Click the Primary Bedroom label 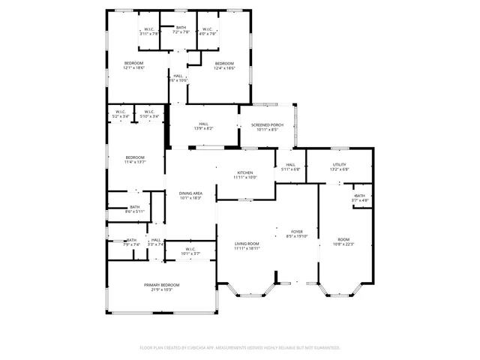[x=163, y=285]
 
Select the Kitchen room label [x=245, y=172]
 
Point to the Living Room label [x=247, y=244]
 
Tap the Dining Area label [x=190, y=193]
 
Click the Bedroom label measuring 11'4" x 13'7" [x=135, y=157]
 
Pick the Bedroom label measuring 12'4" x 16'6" [x=224, y=63]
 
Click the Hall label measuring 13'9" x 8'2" [x=203, y=124]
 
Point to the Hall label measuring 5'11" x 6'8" [x=290, y=165]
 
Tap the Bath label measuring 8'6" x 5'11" [x=135, y=207]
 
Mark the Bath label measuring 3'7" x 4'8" [x=361, y=196]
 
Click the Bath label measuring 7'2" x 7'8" [x=181, y=28]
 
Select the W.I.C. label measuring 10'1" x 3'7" [x=190, y=249]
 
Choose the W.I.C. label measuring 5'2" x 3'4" [x=120, y=112]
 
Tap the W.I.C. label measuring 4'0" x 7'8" [x=208, y=30]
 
